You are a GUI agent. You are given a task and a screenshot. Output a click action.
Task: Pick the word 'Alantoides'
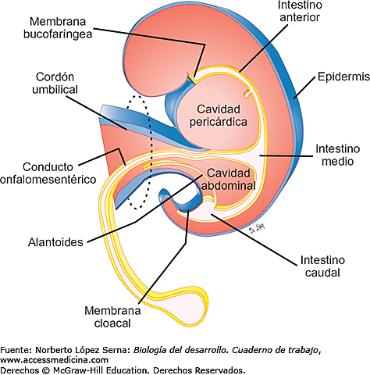(x=50, y=242)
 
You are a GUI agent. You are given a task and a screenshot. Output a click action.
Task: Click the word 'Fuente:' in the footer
(x=16, y=350)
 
